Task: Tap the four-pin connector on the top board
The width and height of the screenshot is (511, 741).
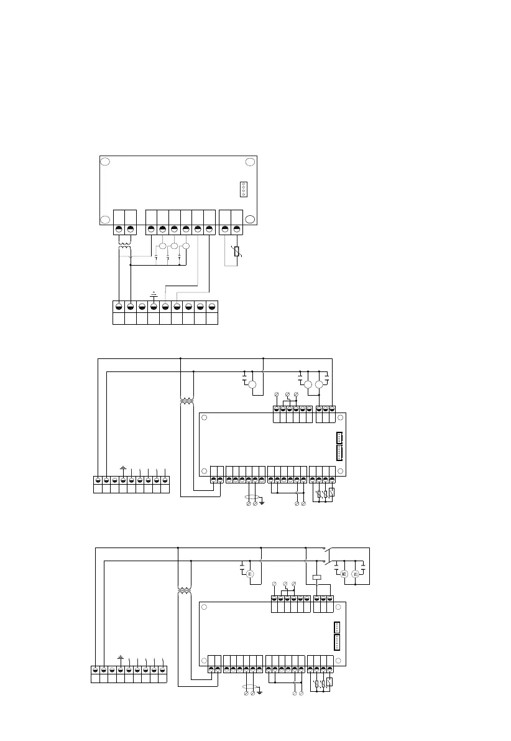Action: tap(243, 189)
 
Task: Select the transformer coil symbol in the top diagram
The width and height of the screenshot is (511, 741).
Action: tap(125, 248)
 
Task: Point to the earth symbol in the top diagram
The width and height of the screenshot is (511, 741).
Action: tap(153, 293)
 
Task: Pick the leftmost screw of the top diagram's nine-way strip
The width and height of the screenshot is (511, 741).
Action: tap(119, 306)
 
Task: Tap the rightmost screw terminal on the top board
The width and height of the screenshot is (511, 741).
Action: tap(236, 230)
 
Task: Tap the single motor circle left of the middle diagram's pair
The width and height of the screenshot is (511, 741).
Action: tap(252, 385)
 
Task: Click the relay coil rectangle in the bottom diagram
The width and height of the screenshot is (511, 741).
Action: tap(316, 577)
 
